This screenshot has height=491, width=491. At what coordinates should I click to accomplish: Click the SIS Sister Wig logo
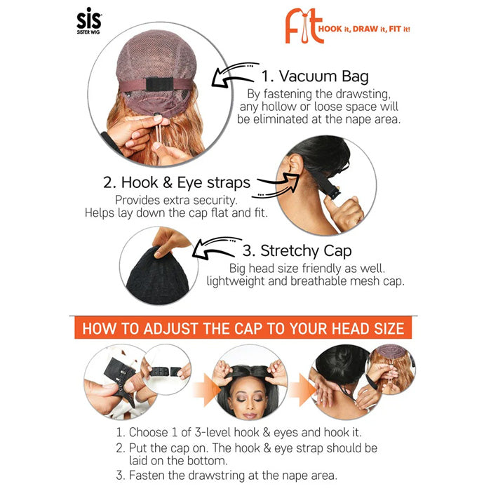[x=89, y=21]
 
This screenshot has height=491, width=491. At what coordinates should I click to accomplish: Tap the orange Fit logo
[x=304, y=27]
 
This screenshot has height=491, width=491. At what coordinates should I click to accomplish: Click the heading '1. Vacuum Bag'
[x=315, y=76]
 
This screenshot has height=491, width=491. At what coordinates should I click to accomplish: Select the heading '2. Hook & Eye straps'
[x=177, y=182]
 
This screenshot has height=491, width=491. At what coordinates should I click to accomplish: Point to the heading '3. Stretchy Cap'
[x=297, y=251]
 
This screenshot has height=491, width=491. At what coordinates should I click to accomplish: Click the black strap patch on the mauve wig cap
[x=159, y=84]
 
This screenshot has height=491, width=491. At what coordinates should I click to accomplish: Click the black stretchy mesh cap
[x=157, y=276]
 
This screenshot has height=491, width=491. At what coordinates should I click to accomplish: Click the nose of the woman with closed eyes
[x=250, y=405]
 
